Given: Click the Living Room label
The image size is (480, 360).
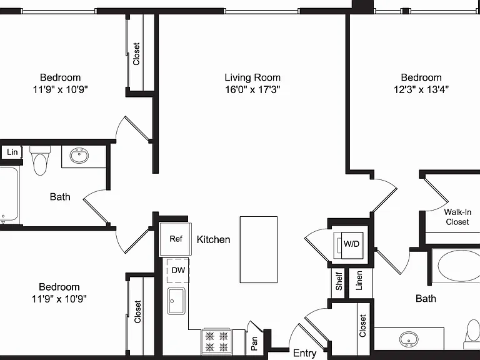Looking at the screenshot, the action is [252, 77].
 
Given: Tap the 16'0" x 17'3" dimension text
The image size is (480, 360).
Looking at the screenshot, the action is [252, 90].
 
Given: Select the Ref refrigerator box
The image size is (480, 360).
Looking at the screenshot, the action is [176, 239].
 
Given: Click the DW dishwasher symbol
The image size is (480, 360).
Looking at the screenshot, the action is [178, 271].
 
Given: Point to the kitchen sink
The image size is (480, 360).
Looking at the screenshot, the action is [176, 301].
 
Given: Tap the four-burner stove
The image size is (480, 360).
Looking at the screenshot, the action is [217, 342].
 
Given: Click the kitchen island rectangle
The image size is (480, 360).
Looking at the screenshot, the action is [259, 249].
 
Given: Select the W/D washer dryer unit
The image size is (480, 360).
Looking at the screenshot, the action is [351, 244].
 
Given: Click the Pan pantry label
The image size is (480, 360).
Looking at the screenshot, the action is [254, 344].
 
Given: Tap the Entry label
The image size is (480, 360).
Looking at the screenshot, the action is [304, 353].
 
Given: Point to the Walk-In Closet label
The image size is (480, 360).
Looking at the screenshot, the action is [457, 217].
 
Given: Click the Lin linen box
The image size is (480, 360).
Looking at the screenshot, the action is [12, 152].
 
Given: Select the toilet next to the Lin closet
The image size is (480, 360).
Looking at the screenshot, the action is [40, 160].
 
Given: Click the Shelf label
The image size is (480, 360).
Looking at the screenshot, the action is [339, 281].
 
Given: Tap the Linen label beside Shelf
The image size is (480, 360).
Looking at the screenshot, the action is [359, 281].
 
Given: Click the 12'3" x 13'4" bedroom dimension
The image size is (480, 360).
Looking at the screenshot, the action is [421, 90].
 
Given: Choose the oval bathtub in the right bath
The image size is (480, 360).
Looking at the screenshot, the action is [459, 266].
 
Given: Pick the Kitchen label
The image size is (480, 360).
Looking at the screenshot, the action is [213, 239].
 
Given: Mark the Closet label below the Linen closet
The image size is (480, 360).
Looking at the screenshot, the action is [362, 326].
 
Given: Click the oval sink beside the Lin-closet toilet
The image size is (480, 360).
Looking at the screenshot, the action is [79, 156].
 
